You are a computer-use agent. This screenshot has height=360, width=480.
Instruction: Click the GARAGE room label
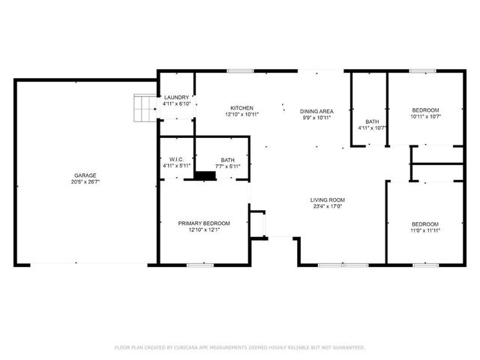pos(83,174)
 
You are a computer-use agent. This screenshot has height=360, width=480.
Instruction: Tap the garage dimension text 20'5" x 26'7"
pos(83,181)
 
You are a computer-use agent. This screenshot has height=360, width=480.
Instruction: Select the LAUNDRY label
pos(177,97)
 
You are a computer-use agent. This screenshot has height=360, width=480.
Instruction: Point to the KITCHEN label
pos(241,108)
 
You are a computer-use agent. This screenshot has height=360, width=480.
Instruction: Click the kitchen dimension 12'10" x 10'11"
pos(241,115)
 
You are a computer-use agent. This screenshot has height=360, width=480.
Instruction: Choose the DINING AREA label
pos(316,110)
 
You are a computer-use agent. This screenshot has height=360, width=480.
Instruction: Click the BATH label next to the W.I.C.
pos(227,159)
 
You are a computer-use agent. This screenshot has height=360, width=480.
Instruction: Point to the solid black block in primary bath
pos(204,175)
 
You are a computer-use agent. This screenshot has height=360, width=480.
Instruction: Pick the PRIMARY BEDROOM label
pos(203,223)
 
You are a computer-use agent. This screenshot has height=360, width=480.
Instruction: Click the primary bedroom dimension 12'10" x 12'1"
pos(203,230)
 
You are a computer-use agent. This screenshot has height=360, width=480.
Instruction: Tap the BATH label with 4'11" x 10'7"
pos(372,121)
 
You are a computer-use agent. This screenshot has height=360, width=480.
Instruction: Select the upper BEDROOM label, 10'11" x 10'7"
pos(424,110)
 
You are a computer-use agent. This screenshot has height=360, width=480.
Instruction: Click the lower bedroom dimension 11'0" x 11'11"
pos(424,231)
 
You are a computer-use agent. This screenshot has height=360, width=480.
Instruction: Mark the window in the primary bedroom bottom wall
pos(201,264)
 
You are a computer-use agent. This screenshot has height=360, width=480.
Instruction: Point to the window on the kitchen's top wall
pos(240,71)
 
